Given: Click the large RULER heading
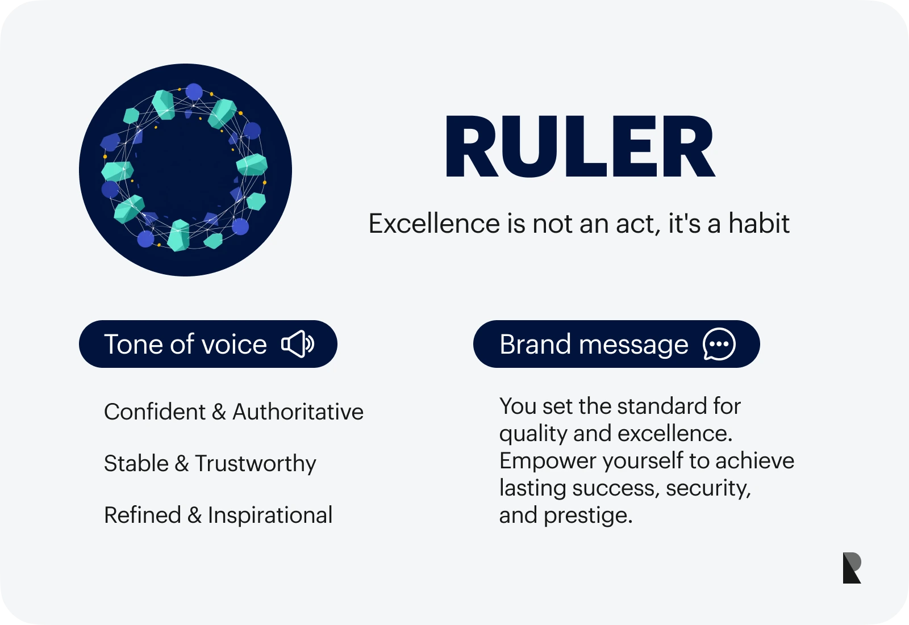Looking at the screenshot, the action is click(580, 146).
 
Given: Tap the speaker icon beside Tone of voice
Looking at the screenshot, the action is click(298, 344).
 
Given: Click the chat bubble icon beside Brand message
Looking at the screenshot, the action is click(719, 344).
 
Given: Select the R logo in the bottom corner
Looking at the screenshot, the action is click(852, 568).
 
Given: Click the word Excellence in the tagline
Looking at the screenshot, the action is click(434, 224).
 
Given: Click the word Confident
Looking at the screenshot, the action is click(155, 412).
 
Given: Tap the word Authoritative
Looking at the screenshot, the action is click(298, 412).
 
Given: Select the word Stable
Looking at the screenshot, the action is click(136, 463).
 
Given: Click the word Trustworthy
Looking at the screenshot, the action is click(256, 464).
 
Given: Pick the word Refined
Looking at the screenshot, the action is click(143, 515).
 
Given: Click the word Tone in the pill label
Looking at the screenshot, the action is click(134, 345).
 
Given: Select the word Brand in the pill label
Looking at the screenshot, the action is click(535, 345).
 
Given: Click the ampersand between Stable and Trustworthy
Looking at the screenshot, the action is click(182, 463).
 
